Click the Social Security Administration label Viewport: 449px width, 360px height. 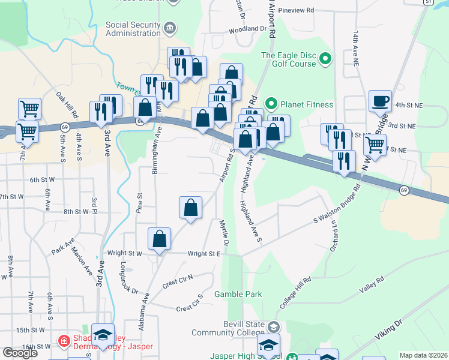pos(133,29)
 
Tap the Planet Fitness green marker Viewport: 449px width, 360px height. pos(271,104)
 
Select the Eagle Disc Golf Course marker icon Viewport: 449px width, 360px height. pos(325,59)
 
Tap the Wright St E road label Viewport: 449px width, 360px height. pos(205,254)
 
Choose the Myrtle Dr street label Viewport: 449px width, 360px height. pos(224,233)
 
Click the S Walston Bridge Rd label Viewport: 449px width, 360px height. pos(337,205)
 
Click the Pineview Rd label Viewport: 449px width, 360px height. pos(297,11)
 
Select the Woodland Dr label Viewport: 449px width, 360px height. pos(247,29)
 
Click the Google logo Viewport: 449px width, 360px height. pos(20,353)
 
